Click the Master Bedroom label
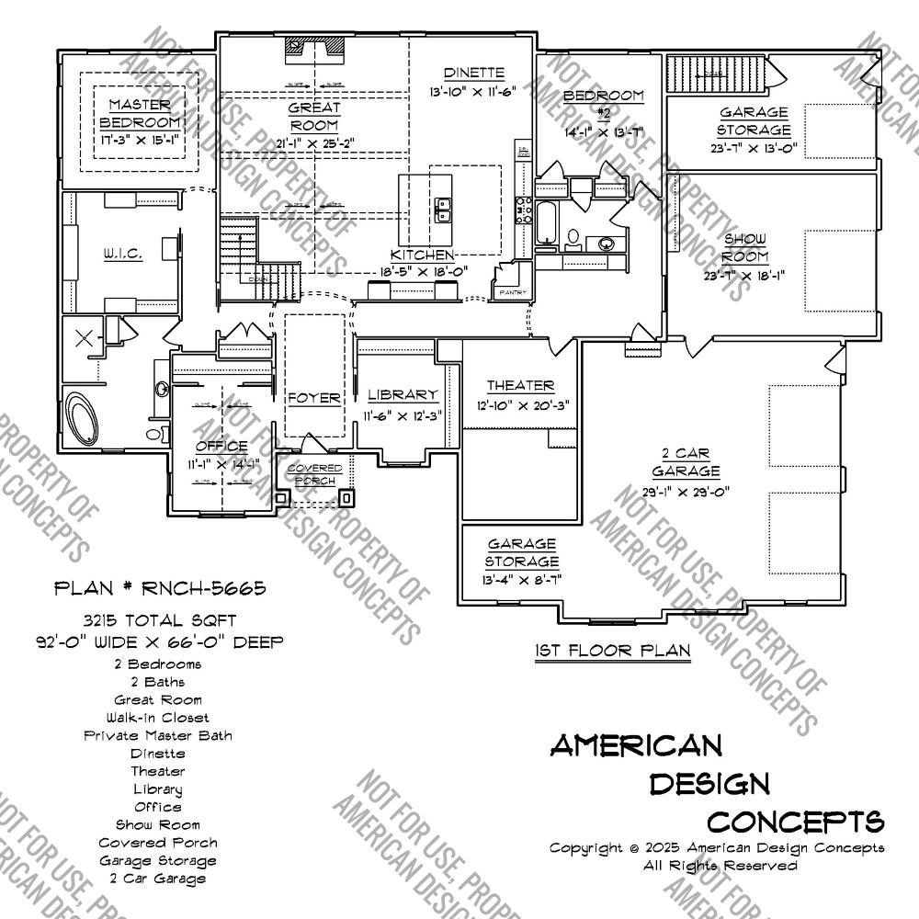pos(140,113)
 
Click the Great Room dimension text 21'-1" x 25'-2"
pos(314,142)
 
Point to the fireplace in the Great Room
pos(314,46)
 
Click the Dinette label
pos(473,73)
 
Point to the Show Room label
pos(745,247)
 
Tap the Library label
pos(403,395)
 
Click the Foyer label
pos(314,399)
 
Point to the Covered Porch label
pos(314,474)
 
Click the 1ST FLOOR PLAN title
pos(612,651)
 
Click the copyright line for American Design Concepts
pos(717,847)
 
